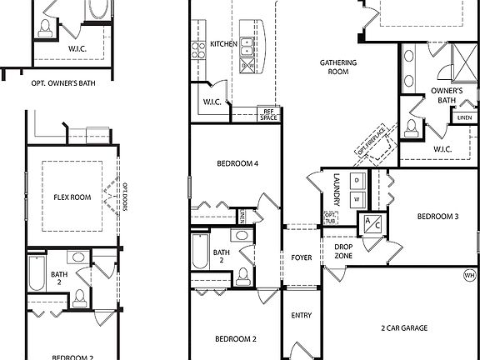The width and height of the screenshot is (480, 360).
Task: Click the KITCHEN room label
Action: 223,44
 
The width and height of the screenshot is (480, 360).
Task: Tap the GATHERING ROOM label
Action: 338,67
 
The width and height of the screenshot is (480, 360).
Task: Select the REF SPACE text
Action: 268,114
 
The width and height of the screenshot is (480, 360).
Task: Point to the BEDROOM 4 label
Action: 236,164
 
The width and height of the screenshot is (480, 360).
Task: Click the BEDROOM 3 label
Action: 437,217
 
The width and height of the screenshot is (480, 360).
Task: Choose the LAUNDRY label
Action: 337,184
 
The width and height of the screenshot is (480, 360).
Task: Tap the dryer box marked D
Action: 356,180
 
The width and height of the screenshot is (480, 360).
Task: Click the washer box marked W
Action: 356,198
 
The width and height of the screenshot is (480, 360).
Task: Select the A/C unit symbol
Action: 369,223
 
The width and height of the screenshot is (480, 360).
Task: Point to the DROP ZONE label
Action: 343,251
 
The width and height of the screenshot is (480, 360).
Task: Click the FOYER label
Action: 301,257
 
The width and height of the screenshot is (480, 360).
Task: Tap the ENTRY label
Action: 301,316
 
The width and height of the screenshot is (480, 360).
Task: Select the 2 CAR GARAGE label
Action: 404,328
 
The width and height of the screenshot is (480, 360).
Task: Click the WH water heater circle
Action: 469,275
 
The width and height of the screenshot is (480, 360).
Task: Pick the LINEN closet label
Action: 464,117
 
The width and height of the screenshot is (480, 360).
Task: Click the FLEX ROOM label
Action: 72,197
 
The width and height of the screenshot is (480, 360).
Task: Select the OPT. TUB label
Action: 330,218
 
